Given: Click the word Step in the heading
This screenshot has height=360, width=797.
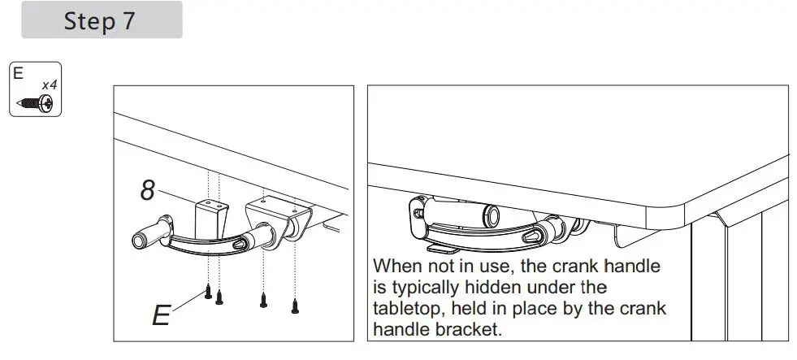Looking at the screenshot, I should pyautogui.click(x=89, y=21).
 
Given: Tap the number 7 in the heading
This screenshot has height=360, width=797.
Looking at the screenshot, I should pyautogui.click(x=128, y=21).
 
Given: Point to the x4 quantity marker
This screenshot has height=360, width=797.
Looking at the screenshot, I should pyautogui.click(x=50, y=84).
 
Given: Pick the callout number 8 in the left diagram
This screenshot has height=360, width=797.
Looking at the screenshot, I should pyautogui.click(x=147, y=192).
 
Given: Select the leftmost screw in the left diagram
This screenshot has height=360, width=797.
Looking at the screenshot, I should pyautogui.click(x=209, y=291).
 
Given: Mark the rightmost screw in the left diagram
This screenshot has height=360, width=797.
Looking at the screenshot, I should pyautogui.click(x=294, y=305).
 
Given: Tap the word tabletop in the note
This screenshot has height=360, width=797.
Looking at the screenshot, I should pyautogui.click(x=410, y=309).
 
